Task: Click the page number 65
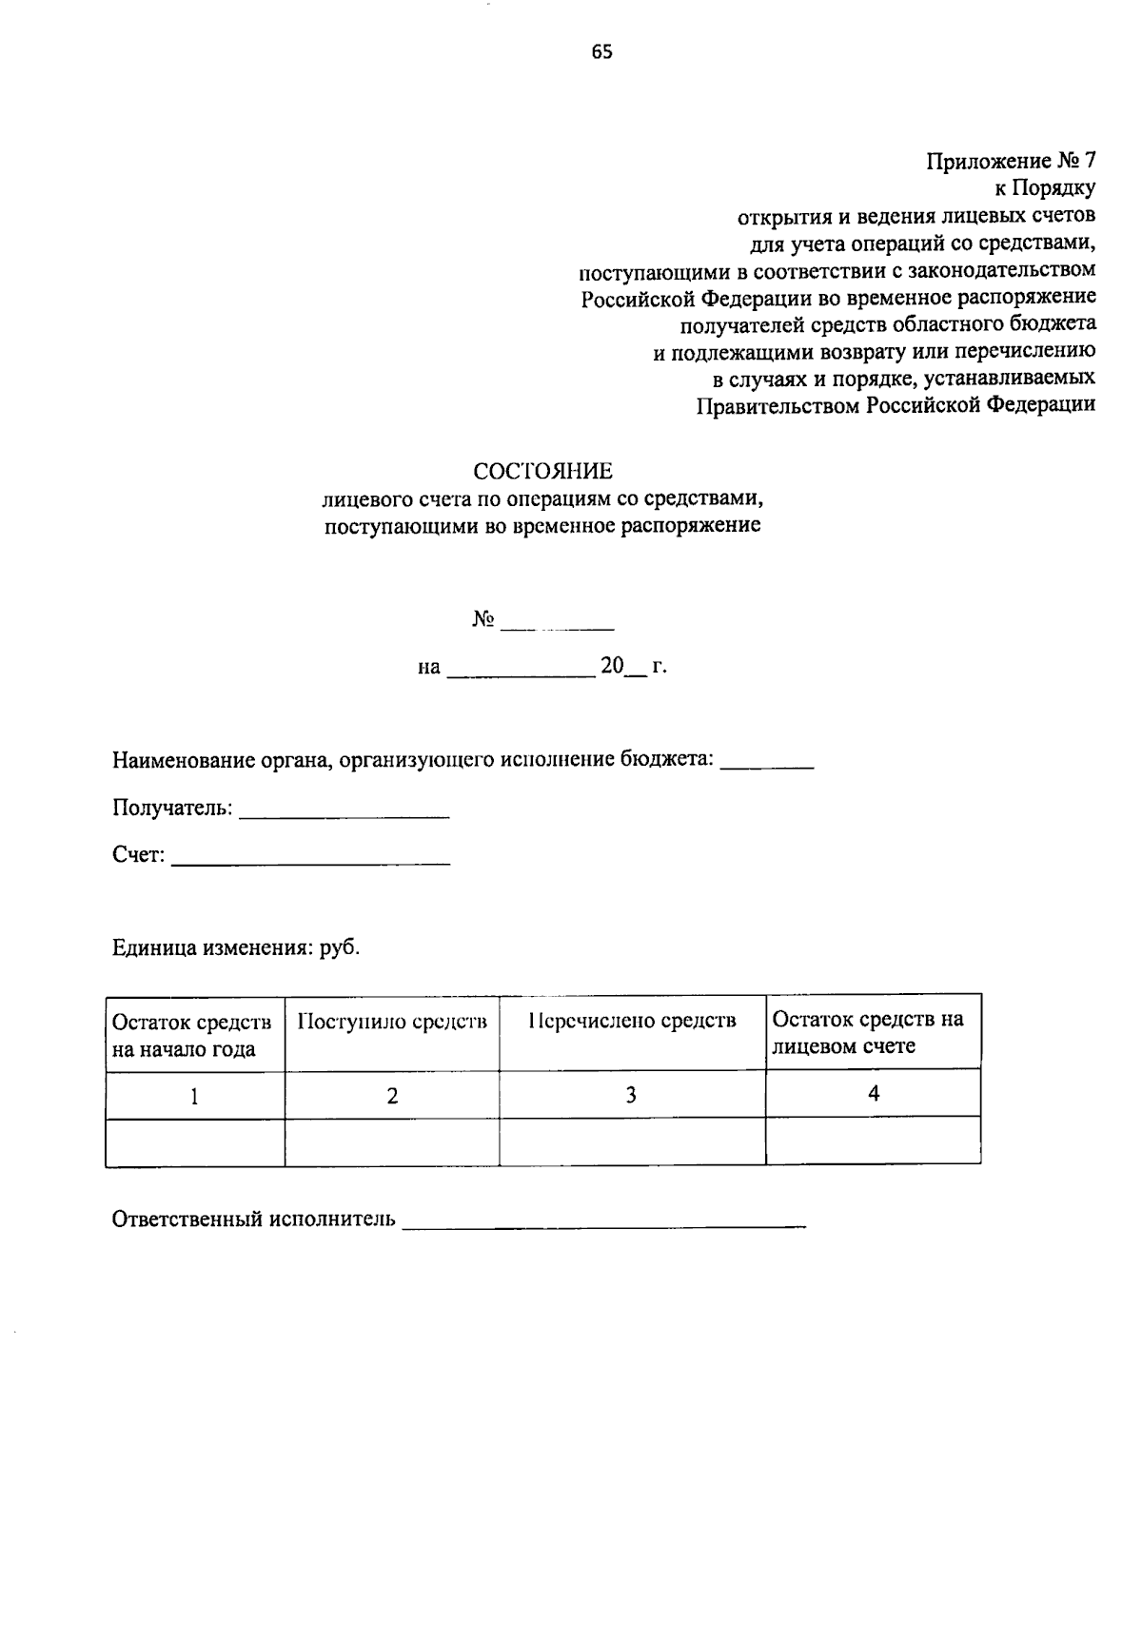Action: pos(601,53)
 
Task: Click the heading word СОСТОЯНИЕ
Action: pos(543,471)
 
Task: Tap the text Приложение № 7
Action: pos(1011,161)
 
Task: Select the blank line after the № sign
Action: pos(558,628)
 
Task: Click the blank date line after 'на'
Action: pos(520,673)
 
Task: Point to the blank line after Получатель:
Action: pos(344,815)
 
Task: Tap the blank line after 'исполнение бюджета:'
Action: pos(767,766)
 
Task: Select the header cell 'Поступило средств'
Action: pos(392,1023)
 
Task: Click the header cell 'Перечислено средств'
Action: pos(632,1023)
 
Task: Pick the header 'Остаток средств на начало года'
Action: pos(193,1036)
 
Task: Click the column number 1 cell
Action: pos(194,1097)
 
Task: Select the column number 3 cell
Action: pos(631,1096)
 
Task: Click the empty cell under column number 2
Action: pos(392,1142)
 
